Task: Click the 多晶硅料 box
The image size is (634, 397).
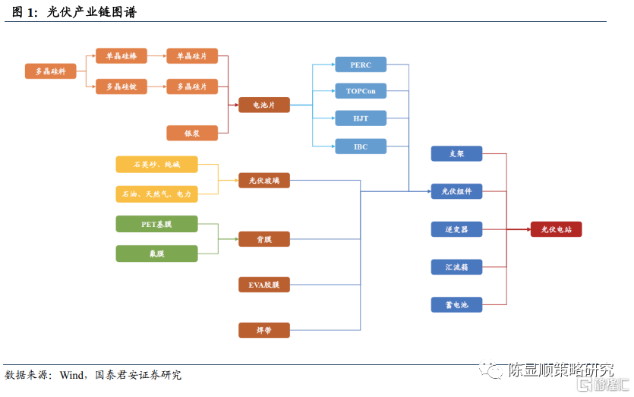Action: [51, 71]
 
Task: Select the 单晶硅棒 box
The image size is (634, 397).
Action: [121, 56]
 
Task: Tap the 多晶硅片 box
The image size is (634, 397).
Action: [192, 87]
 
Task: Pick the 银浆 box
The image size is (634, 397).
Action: [192, 133]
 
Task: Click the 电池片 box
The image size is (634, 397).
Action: [264, 105]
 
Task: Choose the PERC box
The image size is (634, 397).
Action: [361, 65]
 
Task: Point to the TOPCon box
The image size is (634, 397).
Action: [361, 91]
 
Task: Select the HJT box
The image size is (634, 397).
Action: [361, 118]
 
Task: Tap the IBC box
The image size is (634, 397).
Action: [361, 147]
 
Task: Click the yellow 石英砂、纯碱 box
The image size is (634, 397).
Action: [156, 164]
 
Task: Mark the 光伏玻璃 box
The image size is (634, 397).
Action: [264, 181]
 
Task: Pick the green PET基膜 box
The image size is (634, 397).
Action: [156, 224]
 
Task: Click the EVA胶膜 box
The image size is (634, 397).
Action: [264, 285]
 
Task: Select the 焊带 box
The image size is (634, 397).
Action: [264, 330]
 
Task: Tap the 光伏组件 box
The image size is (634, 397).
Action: [456, 191]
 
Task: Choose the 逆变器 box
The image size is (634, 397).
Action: [456, 228]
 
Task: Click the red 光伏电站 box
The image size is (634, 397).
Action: [556, 228]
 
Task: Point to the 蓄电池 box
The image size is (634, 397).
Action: [456, 305]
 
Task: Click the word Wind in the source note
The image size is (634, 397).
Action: [72, 375]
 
